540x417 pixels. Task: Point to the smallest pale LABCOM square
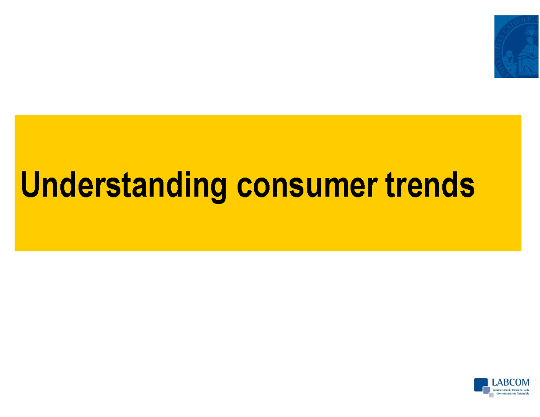click(x=491, y=395)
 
